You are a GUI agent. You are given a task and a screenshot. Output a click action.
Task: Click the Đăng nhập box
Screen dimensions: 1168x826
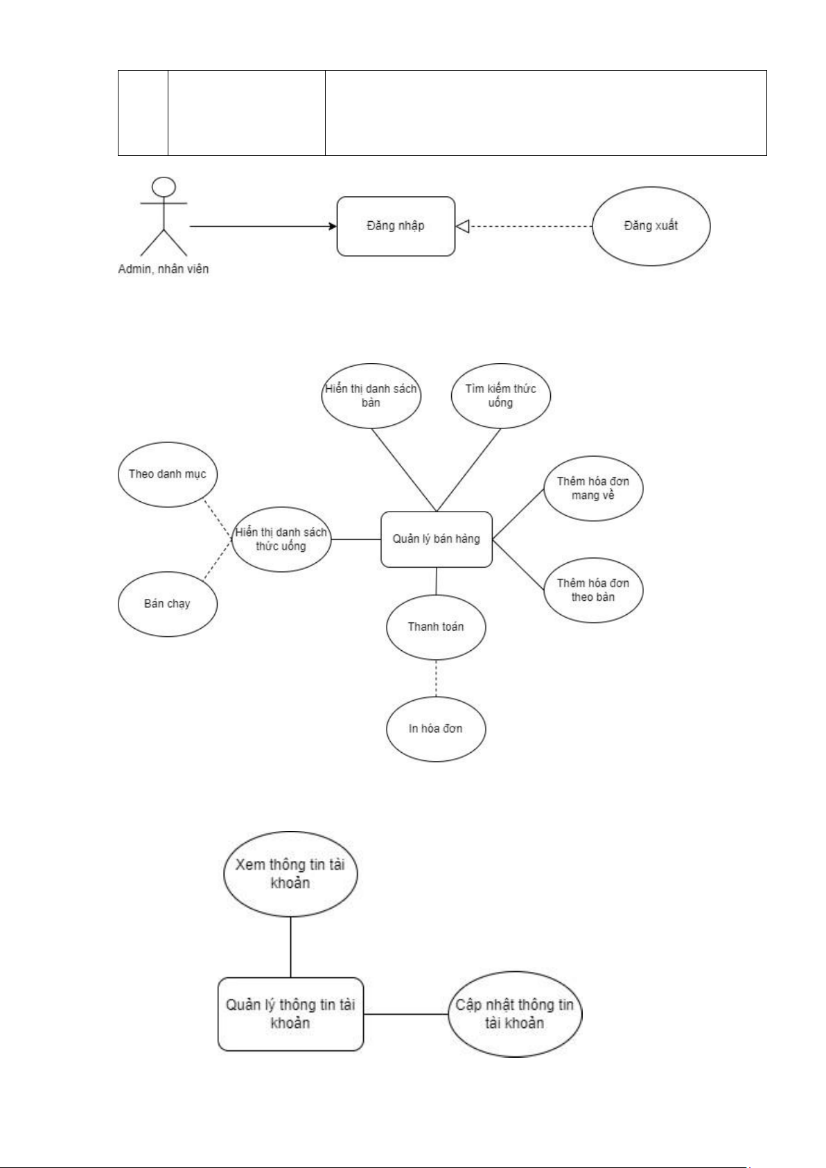point(396,226)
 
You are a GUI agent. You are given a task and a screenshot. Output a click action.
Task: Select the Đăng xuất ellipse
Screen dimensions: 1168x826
point(651,226)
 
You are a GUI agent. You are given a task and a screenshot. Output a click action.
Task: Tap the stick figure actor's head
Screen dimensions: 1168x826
point(164,187)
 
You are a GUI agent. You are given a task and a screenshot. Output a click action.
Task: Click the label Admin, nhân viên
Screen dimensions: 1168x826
point(164,269)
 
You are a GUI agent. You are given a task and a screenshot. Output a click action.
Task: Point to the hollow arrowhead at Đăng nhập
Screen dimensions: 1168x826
point(462,226)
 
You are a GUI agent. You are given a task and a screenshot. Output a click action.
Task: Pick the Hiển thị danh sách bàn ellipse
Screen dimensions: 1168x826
point(371,396)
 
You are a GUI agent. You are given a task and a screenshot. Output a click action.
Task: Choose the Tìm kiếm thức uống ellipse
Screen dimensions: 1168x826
point(500,396)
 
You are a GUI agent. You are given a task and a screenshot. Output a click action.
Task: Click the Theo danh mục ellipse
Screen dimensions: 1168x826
point(168,475)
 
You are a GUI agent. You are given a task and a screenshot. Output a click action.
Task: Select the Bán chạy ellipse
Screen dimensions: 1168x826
point(168,604)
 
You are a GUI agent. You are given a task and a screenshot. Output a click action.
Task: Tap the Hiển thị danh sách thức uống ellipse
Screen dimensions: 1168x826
point(281,539)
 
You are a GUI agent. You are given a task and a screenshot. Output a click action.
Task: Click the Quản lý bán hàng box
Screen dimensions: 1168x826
point(437,539)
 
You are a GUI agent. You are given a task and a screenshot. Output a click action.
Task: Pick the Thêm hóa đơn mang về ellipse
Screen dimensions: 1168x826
point(593,489)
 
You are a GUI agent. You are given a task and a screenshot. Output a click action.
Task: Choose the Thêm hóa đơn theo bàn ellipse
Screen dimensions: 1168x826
point(593,590)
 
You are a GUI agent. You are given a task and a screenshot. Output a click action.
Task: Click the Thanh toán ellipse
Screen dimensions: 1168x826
point(436,627)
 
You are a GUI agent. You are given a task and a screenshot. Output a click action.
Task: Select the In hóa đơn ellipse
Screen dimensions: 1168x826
point(436,729)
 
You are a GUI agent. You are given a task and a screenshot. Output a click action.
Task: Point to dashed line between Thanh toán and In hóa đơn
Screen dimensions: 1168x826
point(436,679)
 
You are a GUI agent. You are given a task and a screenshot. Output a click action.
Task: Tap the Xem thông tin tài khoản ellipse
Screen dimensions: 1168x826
point(290,873)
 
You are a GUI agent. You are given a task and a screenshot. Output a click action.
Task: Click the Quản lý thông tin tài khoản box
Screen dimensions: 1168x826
point(290,1014)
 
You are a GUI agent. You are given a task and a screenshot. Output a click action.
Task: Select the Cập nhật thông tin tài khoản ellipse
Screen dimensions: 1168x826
point(515,1014)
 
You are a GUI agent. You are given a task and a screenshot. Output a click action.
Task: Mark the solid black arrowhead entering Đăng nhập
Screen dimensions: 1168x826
point(333,226)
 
